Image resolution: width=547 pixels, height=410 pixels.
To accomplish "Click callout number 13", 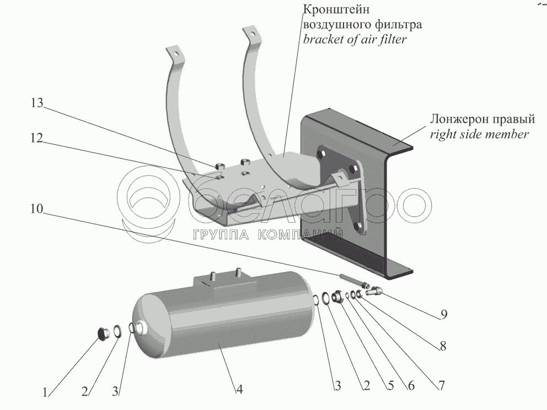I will tap(37, 104).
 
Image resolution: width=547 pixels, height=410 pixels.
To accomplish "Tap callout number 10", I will tap(37, 209).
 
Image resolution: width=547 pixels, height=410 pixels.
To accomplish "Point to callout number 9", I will tap(443, 315).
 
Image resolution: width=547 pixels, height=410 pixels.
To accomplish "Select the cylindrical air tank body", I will tap(221, 320).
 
